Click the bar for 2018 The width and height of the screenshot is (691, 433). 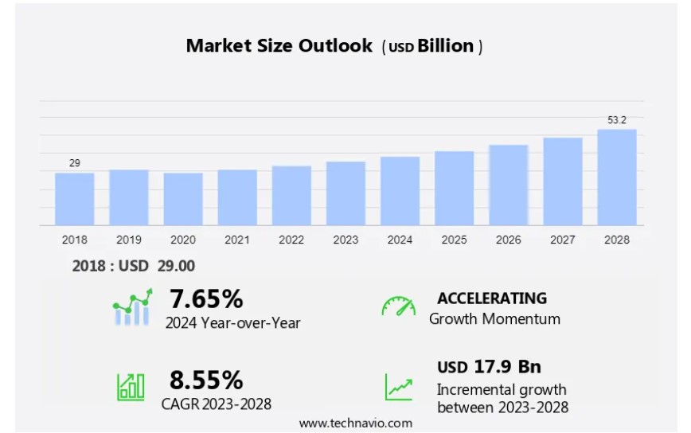click(x=75, y=199)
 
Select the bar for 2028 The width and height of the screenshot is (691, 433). click(x=617, y=177)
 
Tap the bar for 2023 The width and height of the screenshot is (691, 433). click(x=345, y=193)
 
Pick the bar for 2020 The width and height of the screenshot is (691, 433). click(x=183, y=199)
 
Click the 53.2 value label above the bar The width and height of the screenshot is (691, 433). click(x=617, y=120)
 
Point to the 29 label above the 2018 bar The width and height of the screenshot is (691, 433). click(x=75, y=163)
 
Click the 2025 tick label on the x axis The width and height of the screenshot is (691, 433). click(x=454, y=240)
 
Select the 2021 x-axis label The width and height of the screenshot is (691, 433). click(x=237, y=240)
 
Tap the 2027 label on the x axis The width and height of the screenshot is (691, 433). click(x=563, y=240)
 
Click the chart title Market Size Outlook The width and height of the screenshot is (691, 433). click(x=279, y=46)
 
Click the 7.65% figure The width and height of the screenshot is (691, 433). click(x=206, y=299)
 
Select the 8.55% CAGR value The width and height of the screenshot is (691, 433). click(x=206, y=380)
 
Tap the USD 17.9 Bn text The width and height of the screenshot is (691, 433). click(x=489, y=367)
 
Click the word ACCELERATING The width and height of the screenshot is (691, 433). click(x=492, y=298)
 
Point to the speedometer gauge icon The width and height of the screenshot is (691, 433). click(x=398, y=306)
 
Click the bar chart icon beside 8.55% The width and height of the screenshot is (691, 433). click(x=131, y=386)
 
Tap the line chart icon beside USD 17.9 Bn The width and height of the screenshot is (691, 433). click(x=399, y=386)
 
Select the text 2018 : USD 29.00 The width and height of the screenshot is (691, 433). click(x=134, y=266)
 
